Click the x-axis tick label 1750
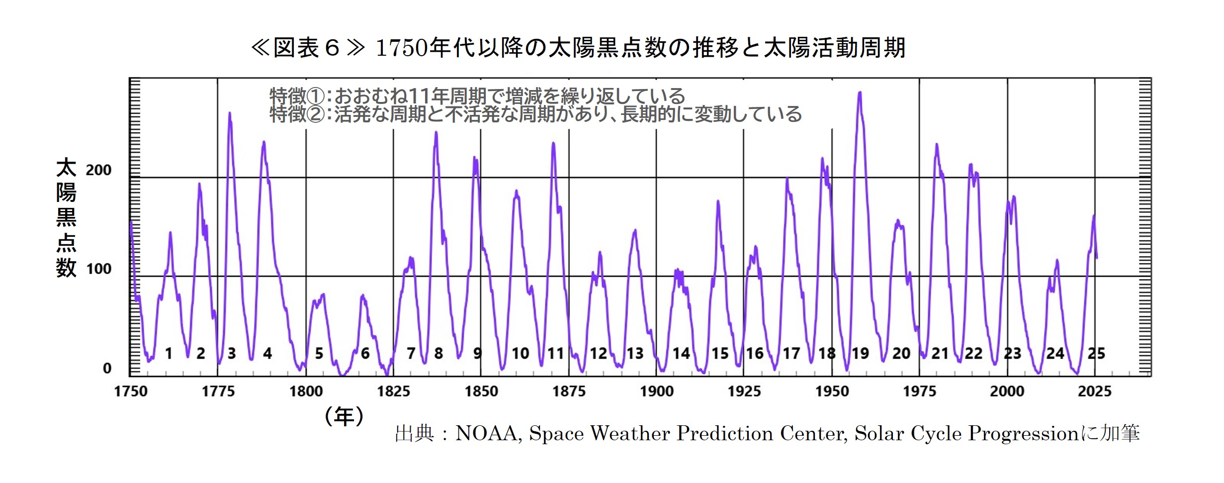(131, 391)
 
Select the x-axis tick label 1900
(656, 391)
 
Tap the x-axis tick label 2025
(1094, 391)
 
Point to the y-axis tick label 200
(98, 170)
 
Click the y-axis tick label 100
(98, 269)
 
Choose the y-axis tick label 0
(107, 369)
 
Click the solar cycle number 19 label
(860, 354)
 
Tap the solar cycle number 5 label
(319, 354)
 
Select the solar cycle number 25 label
(1096, 354)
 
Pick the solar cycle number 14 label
(681, 354)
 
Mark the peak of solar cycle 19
(860, 93)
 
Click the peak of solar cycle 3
(229, 113)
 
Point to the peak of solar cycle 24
(1057, 260)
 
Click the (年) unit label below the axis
(344, 416)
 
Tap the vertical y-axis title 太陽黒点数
(66, 218)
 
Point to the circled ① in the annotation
(316, 96)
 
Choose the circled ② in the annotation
(316, 114)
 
